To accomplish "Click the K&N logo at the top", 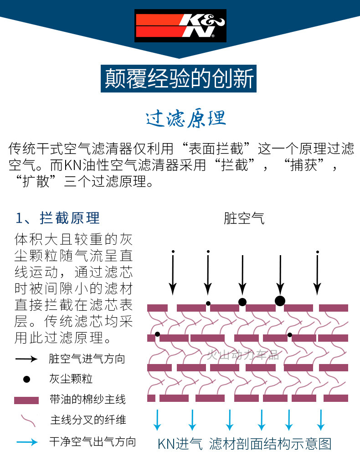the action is click(180, 26).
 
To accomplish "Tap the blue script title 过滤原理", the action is click(186, 118).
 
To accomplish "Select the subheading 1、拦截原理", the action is click(58, 218).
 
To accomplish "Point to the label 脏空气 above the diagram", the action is click(244, 218).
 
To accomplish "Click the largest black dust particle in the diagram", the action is click(280, 300).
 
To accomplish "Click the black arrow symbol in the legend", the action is click(26, 359).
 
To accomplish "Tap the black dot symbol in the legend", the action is click(26, 379).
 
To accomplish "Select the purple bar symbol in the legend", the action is click(26, 400).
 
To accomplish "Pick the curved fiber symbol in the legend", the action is click(27, 420).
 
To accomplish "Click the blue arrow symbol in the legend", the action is click(26, 441).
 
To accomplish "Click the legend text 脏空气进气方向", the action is click(87, 359).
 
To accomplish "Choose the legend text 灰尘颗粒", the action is click(71, 379).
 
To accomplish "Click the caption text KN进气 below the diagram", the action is click(180, 444).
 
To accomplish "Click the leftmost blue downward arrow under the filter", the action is click(157, 420).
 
